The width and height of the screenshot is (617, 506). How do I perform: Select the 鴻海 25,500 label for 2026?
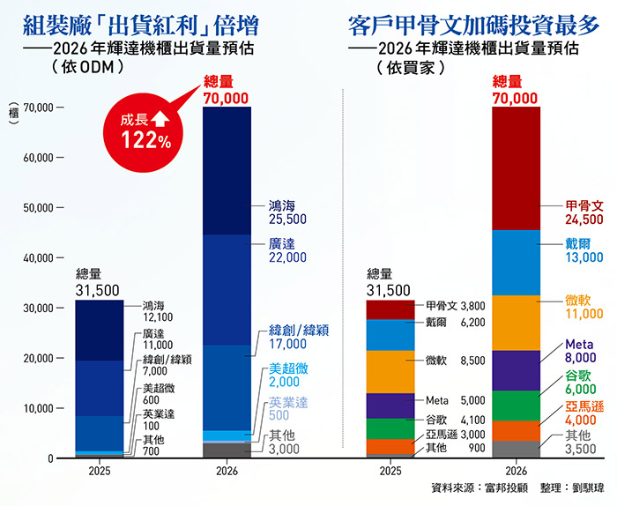pyautogui.click(x=287, y=212)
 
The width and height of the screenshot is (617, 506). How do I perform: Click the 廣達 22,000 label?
pyautogui.click(x=287, y=250)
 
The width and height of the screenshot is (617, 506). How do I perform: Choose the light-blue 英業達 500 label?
pyautogui.click(x=287, y=409)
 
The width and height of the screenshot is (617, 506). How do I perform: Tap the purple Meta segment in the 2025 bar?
pyautogui.click(x=390, y=405)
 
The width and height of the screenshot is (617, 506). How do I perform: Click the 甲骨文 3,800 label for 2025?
pyautogui.click(x=456, y=305)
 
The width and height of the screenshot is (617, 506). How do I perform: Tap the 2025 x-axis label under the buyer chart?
pyautogui.click(x=390, y=471)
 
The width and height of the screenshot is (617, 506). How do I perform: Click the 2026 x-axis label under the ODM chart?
pyautogui.click(x=227, y=471)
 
